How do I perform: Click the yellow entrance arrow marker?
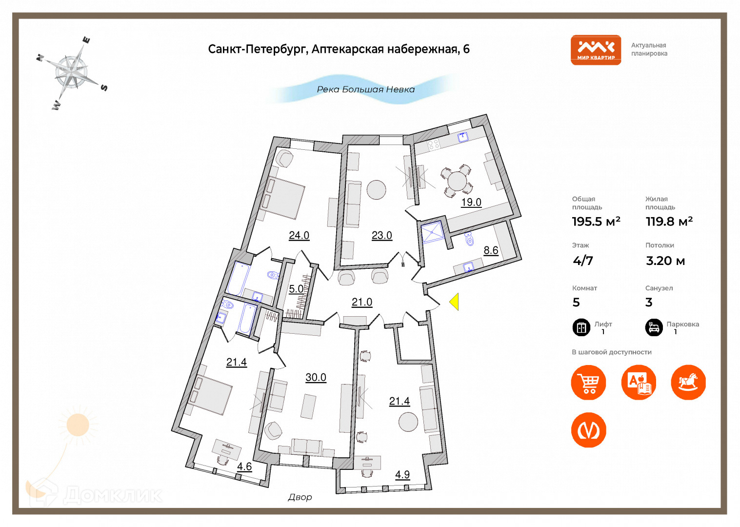coord(454,302)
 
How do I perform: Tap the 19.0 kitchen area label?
coord(471,202)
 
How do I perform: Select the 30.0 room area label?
coord(316,377)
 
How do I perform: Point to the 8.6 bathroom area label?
coord(491,250)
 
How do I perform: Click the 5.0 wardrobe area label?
coord(296,289)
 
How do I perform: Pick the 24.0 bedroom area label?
coord(299,235)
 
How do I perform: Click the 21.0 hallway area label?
coord(362,302)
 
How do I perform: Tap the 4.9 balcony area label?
coord(402,474)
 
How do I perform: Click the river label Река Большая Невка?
coord(366,89)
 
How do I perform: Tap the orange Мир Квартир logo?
coord(596,50)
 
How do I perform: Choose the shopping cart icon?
coord(589,383)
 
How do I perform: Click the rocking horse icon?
coord(688,383)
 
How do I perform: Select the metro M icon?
coord(589,430)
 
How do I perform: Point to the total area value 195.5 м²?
coord(596,222)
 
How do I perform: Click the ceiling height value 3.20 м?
coord(665,261)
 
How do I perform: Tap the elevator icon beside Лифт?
coord(581,327)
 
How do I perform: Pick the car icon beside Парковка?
coord(654,327)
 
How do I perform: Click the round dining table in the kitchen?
coord(457,181)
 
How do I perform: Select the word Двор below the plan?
coord(300,497)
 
